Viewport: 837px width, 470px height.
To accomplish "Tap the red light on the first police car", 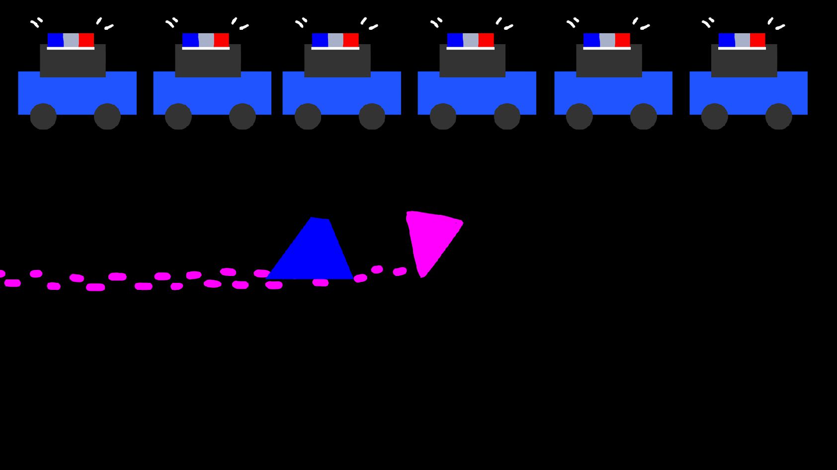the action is click(86, 40).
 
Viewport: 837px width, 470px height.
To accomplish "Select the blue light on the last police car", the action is click(726, 40).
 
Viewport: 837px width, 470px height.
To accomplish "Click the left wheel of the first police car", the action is click(43, 117).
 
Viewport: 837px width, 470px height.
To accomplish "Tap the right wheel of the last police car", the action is click(778, 117).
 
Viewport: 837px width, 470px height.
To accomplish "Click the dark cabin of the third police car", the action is click(337, 62).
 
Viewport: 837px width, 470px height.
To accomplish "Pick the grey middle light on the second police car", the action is click(206, 40).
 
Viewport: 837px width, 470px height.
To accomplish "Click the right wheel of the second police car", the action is click(243, 117).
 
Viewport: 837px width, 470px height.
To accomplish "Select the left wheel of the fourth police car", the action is click(443, 117).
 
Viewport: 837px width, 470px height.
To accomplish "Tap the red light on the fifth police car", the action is click(622, 40).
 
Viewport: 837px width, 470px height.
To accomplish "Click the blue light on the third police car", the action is click(320, 40).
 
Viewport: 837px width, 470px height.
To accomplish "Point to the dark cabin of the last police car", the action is click(744, 62).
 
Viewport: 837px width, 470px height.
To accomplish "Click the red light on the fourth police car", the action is click(486, 40).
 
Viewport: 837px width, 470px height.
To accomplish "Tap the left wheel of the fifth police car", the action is click(579, 117).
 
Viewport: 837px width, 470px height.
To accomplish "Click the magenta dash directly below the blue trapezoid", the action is click(321, 283).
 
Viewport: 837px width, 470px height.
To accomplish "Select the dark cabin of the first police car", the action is click(73, 62).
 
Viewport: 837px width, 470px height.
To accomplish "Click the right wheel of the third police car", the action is click(372, 117).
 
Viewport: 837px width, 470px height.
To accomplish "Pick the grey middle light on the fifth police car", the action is click(607, 40).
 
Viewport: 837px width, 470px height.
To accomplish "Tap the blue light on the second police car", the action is click(190, 40).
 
